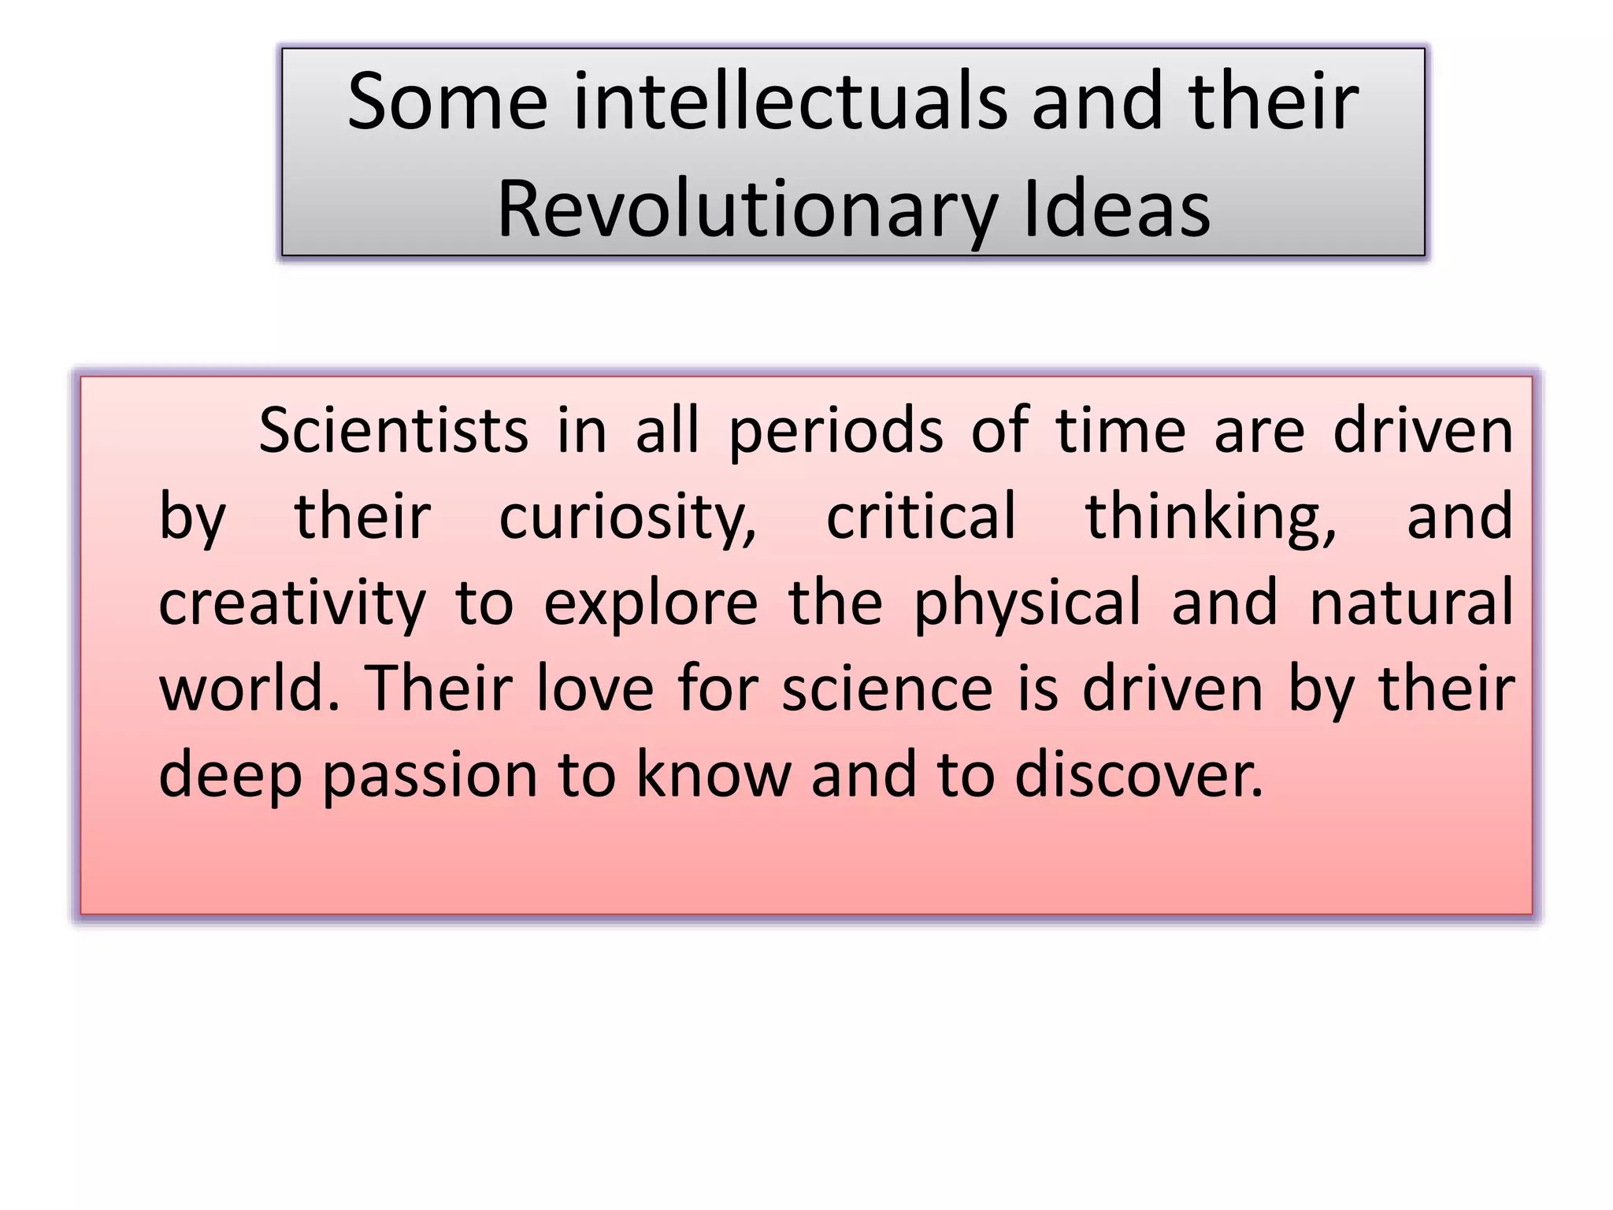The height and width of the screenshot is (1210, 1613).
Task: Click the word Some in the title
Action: [447, 102]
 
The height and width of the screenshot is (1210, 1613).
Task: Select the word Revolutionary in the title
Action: [747, 210]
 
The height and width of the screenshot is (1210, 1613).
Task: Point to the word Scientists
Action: [393, 432]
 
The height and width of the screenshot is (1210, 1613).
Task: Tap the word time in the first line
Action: [1120, 432]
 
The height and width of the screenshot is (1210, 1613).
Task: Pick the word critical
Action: [921, 517]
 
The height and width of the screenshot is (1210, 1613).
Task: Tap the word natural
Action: [1411, 603]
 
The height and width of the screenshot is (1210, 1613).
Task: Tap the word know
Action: [713, 775]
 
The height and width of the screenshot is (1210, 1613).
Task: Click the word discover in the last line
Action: [1139, 775]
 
